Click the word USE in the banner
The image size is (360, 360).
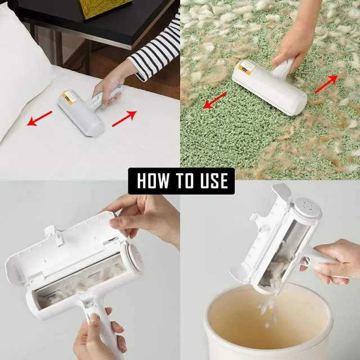click(x=212, y=181)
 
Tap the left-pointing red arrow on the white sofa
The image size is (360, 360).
click(x=40, y=119)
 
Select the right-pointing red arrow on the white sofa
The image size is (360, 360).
click(x=124, y=119)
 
